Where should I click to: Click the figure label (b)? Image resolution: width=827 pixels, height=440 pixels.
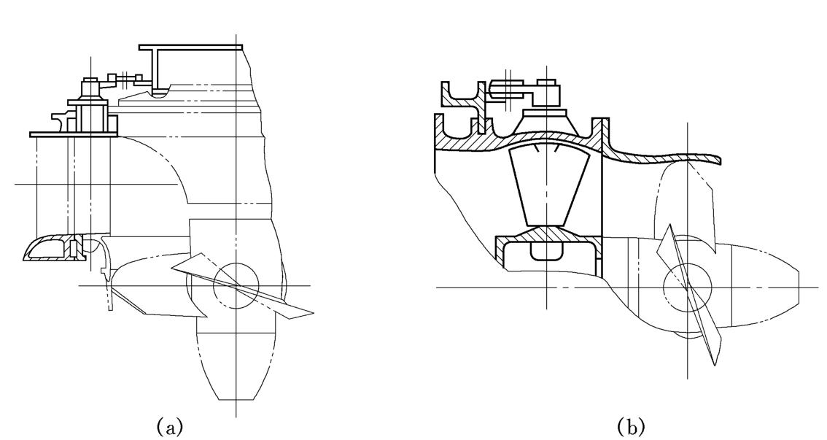(x=631, y=425)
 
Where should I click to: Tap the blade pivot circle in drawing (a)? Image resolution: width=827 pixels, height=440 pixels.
(x=236, y=285)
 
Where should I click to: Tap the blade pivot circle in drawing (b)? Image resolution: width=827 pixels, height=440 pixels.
(x=688, y=287)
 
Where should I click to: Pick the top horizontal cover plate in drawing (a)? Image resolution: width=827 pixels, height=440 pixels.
(x=191, y=47)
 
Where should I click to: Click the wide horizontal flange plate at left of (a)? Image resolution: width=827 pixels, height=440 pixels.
(x=74, y=134)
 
